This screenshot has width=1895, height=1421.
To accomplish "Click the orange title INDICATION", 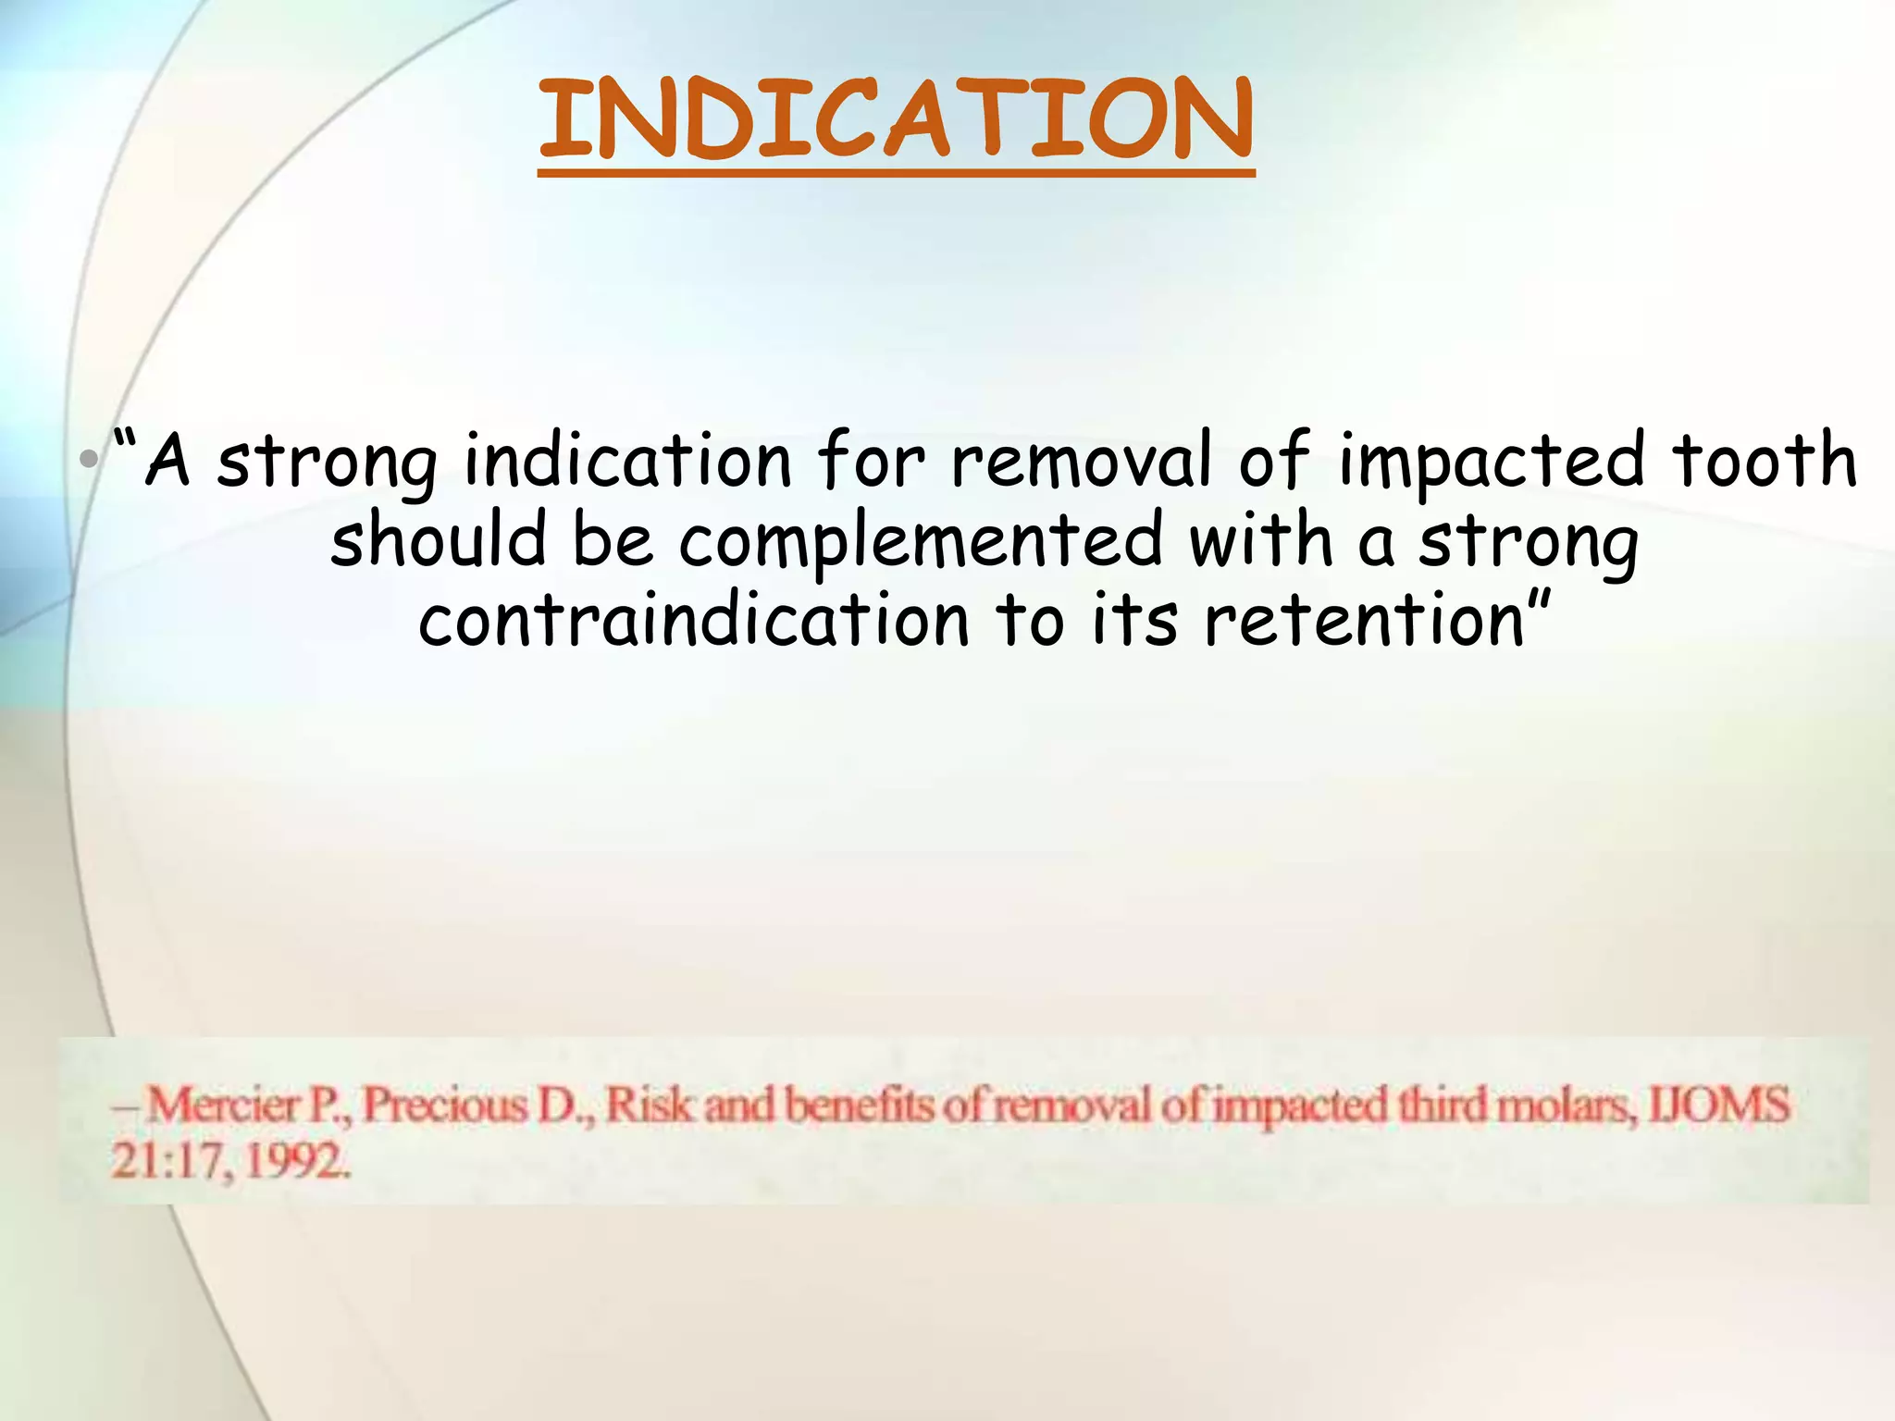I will [896, 120].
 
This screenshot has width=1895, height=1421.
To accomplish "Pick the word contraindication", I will [694, 620].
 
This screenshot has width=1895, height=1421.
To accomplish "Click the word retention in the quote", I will [1366, 620].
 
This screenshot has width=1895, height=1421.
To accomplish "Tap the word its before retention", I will [1135, 620].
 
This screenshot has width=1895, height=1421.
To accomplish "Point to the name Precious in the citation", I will [444, 1106].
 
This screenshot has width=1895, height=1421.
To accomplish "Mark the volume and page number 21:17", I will [170, 1161].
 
